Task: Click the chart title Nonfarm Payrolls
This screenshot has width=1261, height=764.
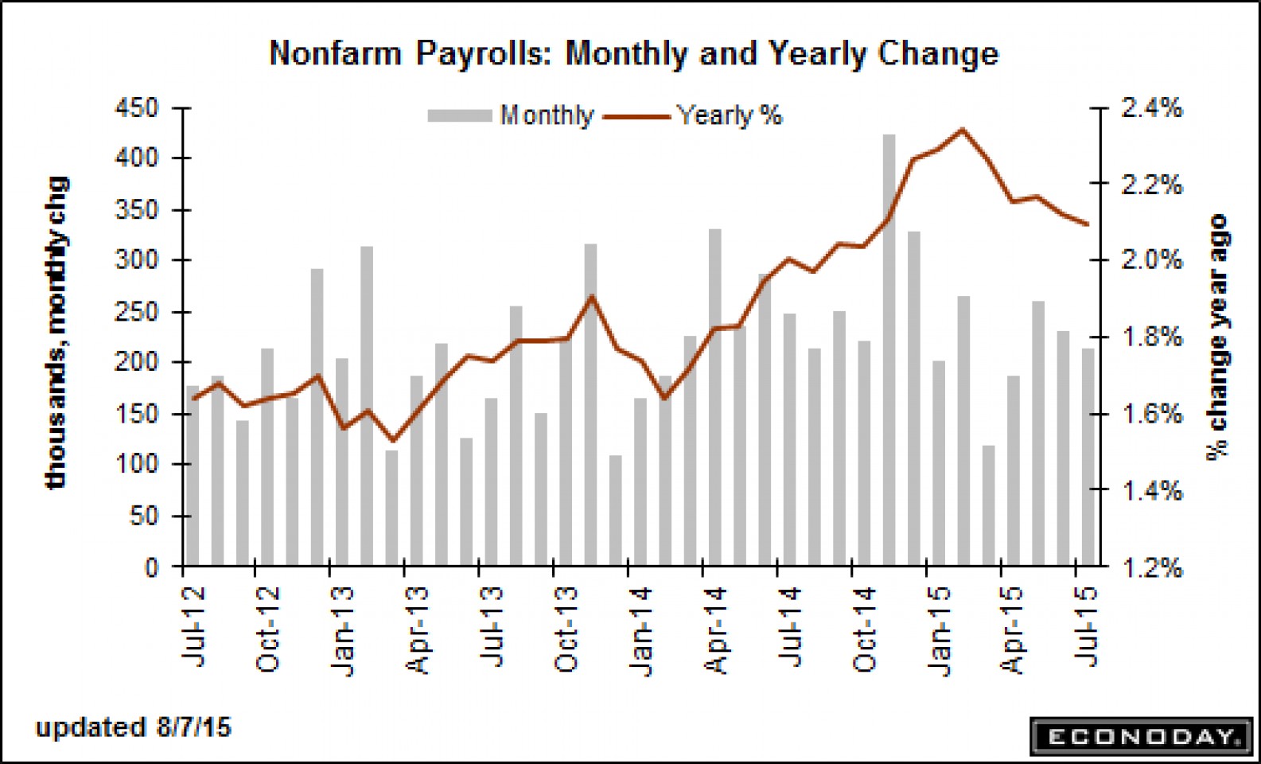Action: tap(633, 54)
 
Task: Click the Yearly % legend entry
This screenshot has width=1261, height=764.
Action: tap(693, 115)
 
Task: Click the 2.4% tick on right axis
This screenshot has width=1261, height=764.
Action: tap(1151, 107)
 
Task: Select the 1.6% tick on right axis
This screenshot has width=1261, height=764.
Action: tap(1151, 414)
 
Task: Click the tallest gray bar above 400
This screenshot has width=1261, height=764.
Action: tap(889, 350)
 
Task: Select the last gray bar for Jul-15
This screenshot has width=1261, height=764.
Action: tap(1088, 457)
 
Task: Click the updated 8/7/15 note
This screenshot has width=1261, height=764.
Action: tap(133, 727)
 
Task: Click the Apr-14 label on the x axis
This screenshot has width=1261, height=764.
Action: tap(717, 630)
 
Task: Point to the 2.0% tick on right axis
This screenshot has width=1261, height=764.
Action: tap(1151, 260)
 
